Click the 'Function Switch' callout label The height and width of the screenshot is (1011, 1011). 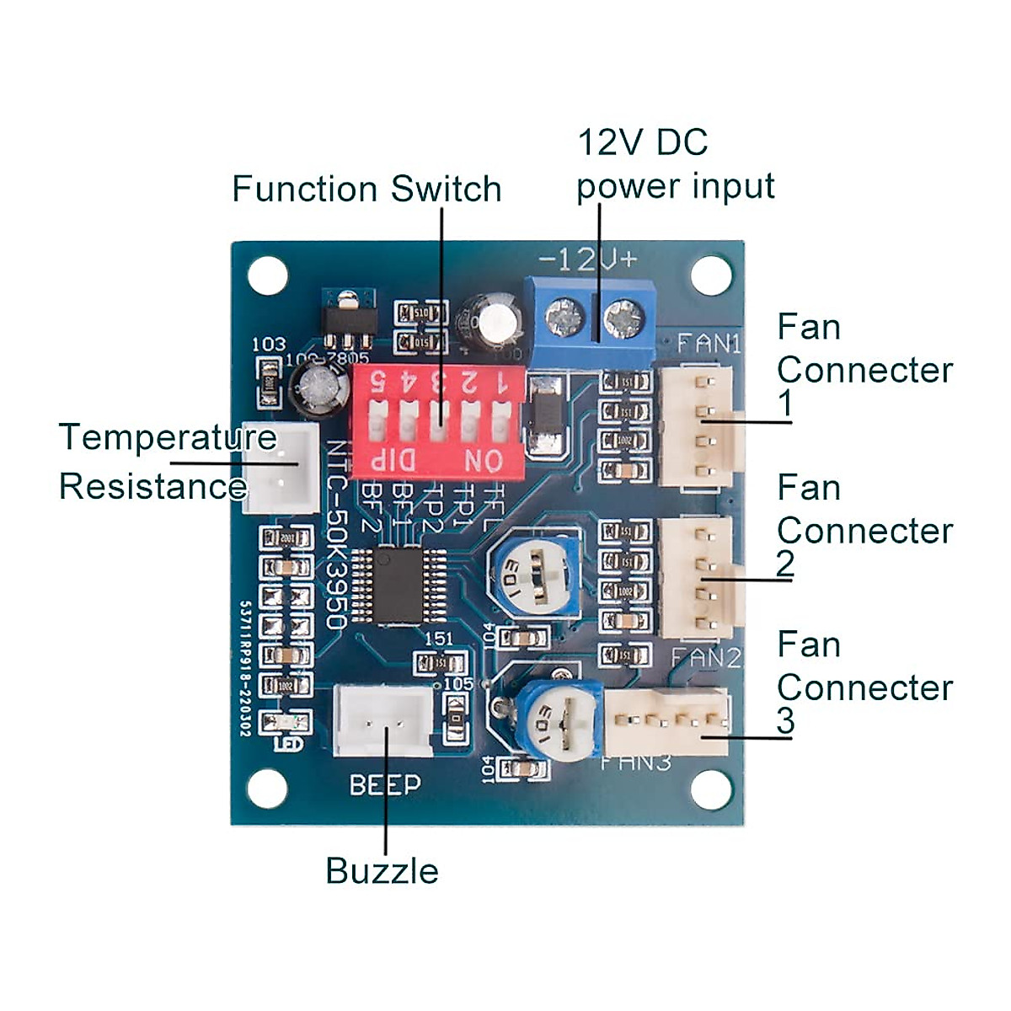pyautogui.click(x=366, y=189)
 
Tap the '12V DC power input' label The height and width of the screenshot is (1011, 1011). pyautogui.click(x=674, y=165)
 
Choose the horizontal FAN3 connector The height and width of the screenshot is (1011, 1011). pyautogui.click(x=666, y=722)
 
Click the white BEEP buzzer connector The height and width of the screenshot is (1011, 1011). pyautogui.click(x=383, y=719)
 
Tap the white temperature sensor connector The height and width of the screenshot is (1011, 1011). pyautogui.click(x=281, y=467)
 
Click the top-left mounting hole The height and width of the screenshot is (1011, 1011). pyautogui.click(x=268, y=275)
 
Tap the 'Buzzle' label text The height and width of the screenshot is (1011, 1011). pyautogui.click(x=382, y=871)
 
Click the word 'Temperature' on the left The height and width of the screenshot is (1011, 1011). pyautogui.click(x=168, y=437)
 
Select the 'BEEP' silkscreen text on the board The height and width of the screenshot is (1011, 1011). pyautogui.click(x=385, y=785)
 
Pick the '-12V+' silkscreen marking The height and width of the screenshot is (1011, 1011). pyautogui.click(x=588, y=259)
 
